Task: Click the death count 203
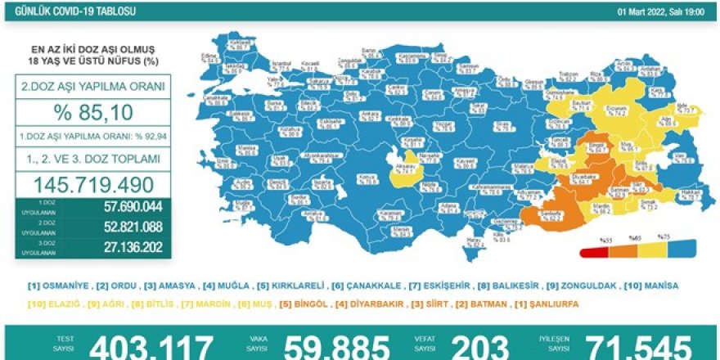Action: pos(479,347)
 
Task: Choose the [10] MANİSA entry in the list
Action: pos(647,286)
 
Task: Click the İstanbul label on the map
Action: pos(283,61)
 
